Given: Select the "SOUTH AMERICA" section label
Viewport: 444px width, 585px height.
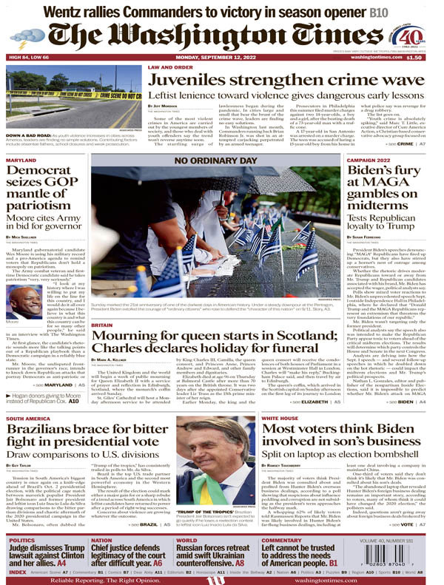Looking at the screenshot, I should click(x=28, y=439).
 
